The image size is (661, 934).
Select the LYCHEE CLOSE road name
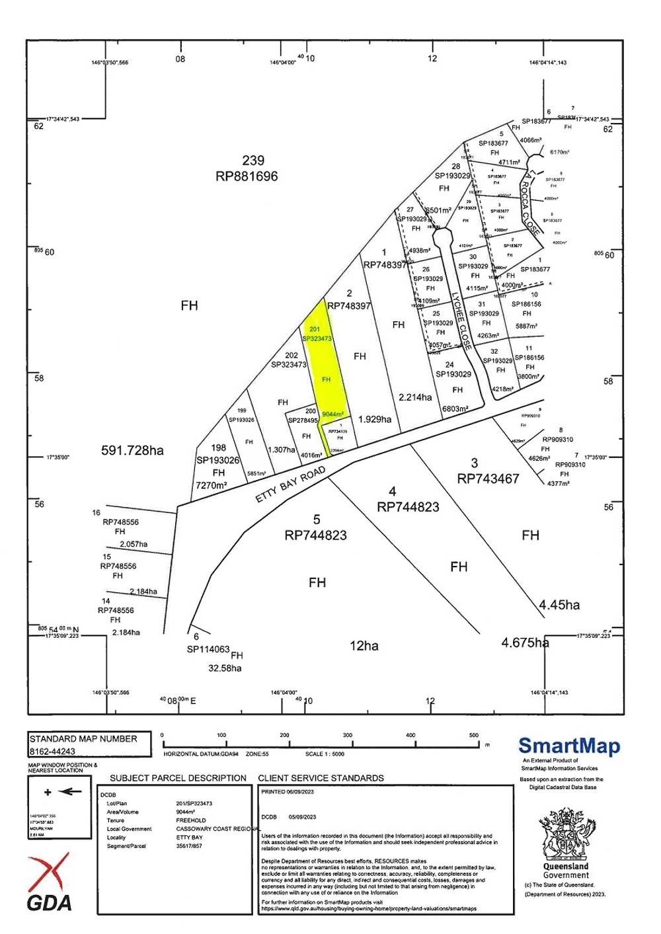pyautogui.click(x=460, y=321)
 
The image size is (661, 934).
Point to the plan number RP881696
pyautogui.click(x=247, y=176)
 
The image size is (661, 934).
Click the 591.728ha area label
pyautogui.click(x=132, y=451)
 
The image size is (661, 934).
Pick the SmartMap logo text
pyautogui.click(x=569, y=746)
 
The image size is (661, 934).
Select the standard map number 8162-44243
pyautogui.click(x=52, y=752)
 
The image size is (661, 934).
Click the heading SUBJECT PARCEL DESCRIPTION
pyautogui.click(x=178, y=778)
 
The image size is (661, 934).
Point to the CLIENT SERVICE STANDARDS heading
pyautogui.click(x=321, y=778)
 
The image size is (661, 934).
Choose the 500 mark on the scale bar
pyautogui.click(x=474, y=735)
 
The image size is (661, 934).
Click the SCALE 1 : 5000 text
pyautogui.click(x=325, y=754)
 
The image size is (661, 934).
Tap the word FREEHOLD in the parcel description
pyautogui.click(x=191, y=820)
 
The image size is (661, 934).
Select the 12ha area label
pyautogui.click(x=364, y=646)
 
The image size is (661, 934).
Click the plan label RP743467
pyautogui.click(x=488, y=479)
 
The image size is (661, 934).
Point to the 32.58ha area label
pyautogui.click(x=225, y=668)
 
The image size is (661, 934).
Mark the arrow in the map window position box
pyautogui.click(x=71, y=791)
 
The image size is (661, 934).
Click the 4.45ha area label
pyautogui.click(x=559, y=605)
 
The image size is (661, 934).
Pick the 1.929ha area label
pyautogui.click(x=375, y=419)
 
